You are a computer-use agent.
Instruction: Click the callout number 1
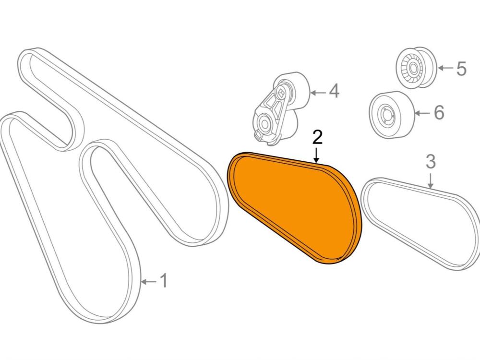point(164,281)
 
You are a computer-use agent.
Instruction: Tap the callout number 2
point(317,138)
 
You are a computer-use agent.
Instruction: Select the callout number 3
point(431,162)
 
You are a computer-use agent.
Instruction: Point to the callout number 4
point(334,91)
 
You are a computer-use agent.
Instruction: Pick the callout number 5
point(461,69)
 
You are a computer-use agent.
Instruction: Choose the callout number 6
point(438,113)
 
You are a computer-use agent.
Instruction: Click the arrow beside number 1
point(149,281)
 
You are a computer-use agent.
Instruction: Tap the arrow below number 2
point(317,155)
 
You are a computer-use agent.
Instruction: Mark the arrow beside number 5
point(445,68)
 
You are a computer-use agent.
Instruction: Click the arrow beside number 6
point(422,113)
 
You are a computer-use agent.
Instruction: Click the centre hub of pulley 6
point(385,116)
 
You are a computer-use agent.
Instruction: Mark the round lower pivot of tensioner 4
point(265,123)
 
